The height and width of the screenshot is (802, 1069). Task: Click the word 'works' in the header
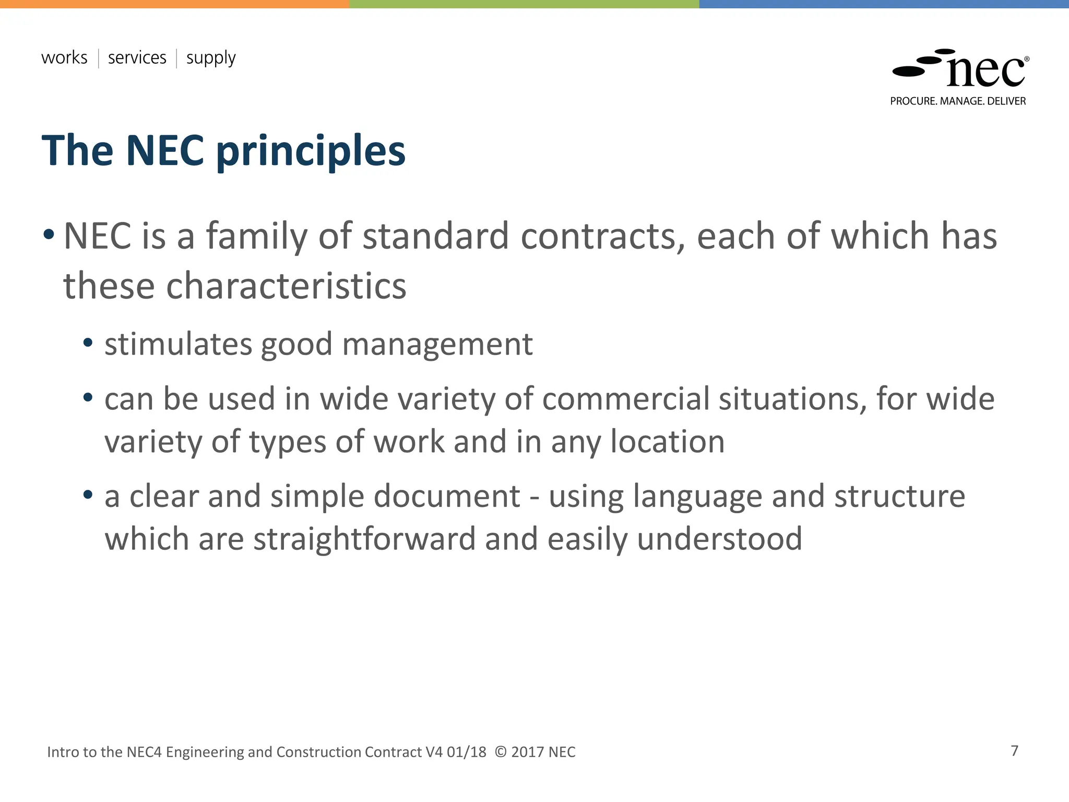coord(64,57)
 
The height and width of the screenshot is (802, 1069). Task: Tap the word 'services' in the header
coord(137,57)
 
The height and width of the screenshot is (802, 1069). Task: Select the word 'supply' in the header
coord(211,58)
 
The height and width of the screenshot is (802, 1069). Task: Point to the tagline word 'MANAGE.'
coord(963,101)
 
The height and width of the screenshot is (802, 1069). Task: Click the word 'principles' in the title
coord(311,151)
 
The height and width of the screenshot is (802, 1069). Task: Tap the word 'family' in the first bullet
coord(256,237)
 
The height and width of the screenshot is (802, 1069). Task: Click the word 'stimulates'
coord(178,345)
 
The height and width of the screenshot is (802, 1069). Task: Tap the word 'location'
coord(668,442)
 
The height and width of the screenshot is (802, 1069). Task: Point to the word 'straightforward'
coord(364,539)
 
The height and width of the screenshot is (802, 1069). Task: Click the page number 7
coord(1014,751)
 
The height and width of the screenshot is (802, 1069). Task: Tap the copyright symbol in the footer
coord(501,752)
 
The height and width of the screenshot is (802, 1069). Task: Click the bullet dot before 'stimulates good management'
coord(88,344)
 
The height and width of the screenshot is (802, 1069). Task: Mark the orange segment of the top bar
coord(174,4)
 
